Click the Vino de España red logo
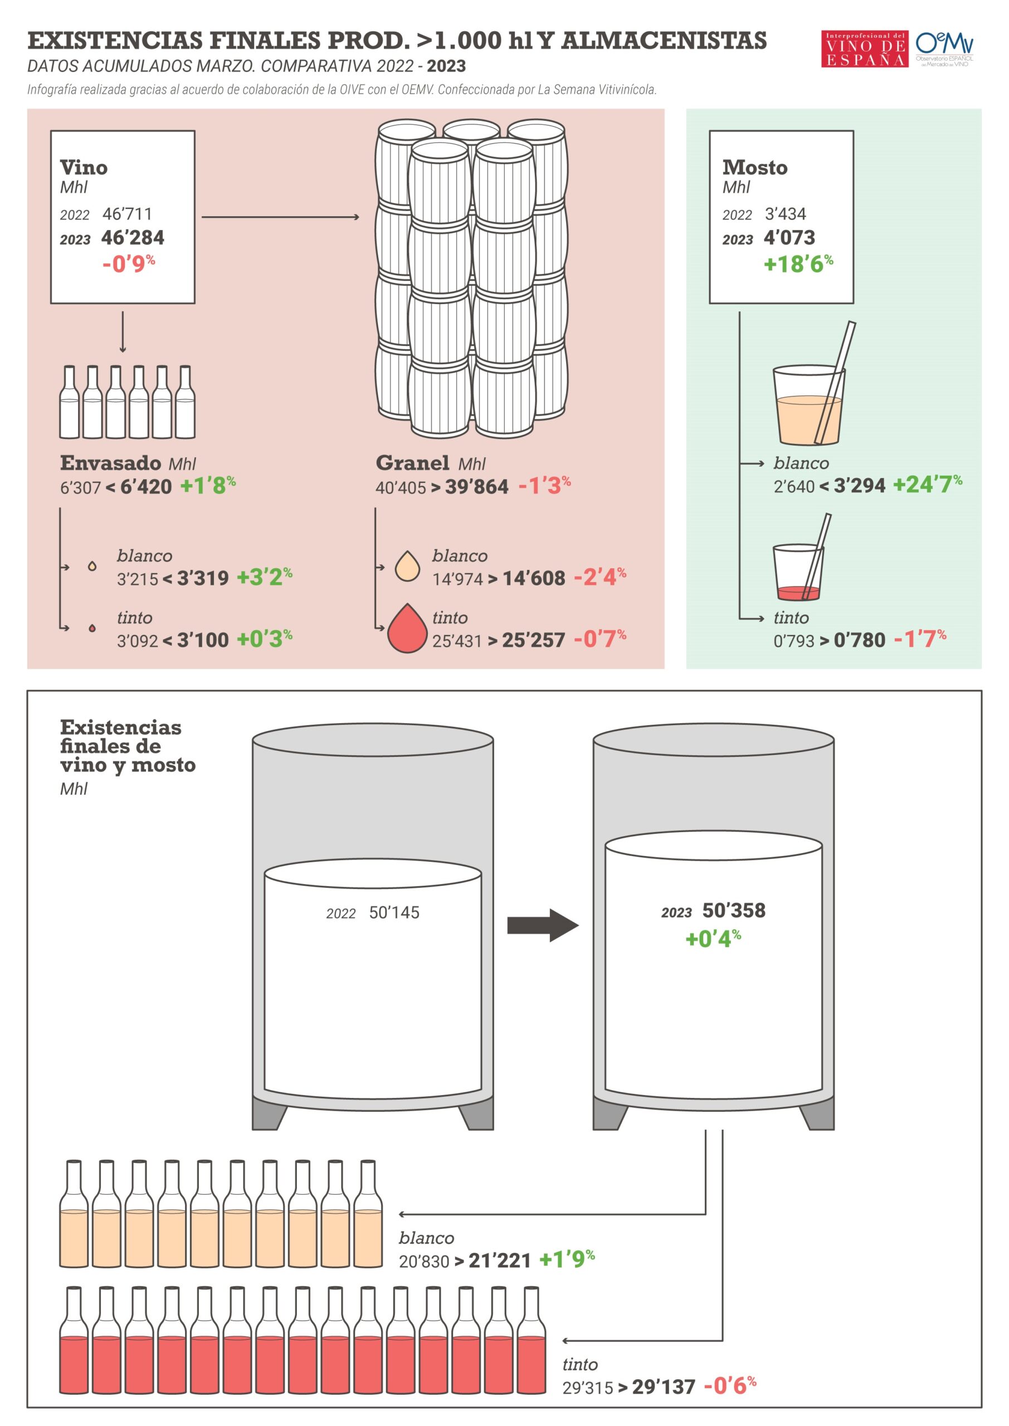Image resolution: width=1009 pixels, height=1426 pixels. (x=864, y=48)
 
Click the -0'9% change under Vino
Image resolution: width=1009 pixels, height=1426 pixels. (x=129, y=264)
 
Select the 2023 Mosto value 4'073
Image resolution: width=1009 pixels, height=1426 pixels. (x=789, y=237)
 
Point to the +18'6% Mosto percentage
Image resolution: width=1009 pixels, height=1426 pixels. (x=798, y=264)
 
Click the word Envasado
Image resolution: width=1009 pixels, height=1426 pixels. (x=110, y=463)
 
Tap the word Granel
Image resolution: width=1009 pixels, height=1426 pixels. (x=412, y=463)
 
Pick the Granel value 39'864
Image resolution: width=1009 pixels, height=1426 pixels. (x=476, y=486)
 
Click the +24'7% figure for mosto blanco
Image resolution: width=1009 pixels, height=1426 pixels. (x=927, y=485)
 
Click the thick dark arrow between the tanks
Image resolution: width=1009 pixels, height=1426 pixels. (x=543, y=925)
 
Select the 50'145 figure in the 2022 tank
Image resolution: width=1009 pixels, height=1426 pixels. (x=394, y=912)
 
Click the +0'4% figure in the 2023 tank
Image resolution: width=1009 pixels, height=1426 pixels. (x=713, y=939)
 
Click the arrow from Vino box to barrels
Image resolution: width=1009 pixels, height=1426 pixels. (x=281, y=217)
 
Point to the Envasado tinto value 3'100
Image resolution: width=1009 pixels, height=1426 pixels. (x=203, y=639)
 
